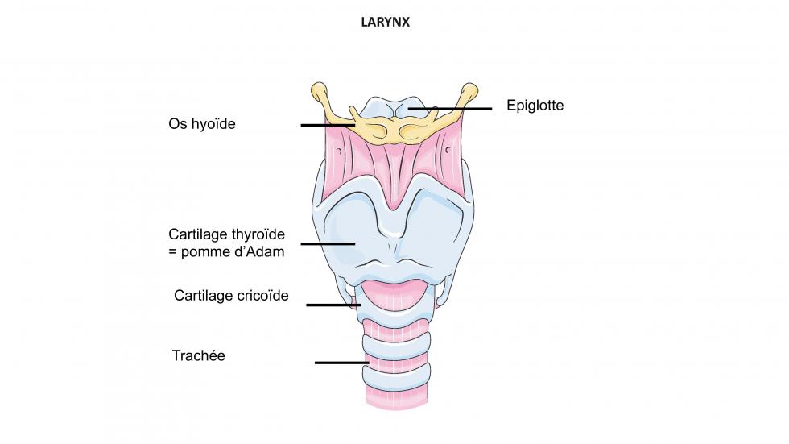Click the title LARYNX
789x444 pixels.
pyautogui.click(x=386, y=23)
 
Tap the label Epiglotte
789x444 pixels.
pyautogui.click(x=535, y=106)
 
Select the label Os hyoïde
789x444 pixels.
pyautogui.click(x=202, y=124)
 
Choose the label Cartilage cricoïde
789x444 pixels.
pyautogui.click(x=231, y=296)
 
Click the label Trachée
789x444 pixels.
pyautogui.click(x=198, y=355)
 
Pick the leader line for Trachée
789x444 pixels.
pyautogui.click(x=341, y=363)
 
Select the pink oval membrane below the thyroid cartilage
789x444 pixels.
pyautogui.click(x=394, y=291)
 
